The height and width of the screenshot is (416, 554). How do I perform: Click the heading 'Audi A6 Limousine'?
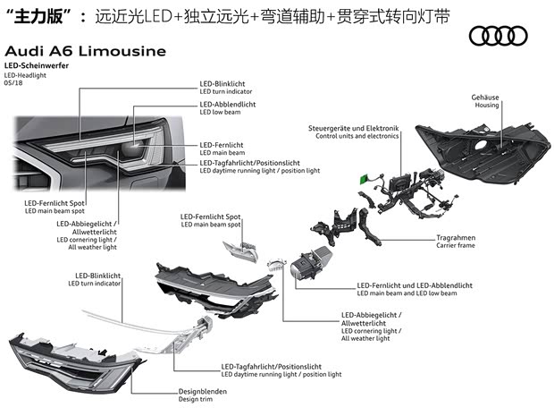click(85, 51)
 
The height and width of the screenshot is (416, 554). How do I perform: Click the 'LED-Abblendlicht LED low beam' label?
click(228, 109)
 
